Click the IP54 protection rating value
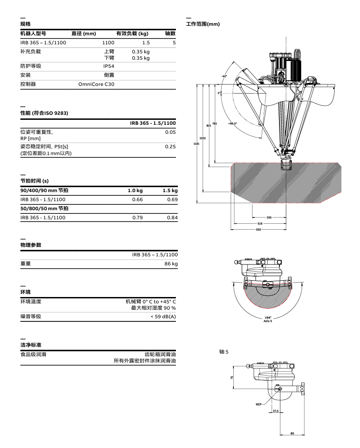[108, 66]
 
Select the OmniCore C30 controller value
[96, 84]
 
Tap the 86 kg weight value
[171, 264]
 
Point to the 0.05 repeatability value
[171, 132]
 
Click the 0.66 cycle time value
[137, 199]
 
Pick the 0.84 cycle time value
[172, 217]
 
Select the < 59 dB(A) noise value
[163, 316]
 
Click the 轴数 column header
[170, 33]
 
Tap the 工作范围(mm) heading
[203, 24]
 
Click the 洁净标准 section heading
[28, 344]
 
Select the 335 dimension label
[269, 217]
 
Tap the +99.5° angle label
[232, 123]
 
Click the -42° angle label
[224, 76]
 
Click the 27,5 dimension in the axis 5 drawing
[276, 411]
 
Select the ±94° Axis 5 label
[267, 320]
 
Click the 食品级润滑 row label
[33, 354]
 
